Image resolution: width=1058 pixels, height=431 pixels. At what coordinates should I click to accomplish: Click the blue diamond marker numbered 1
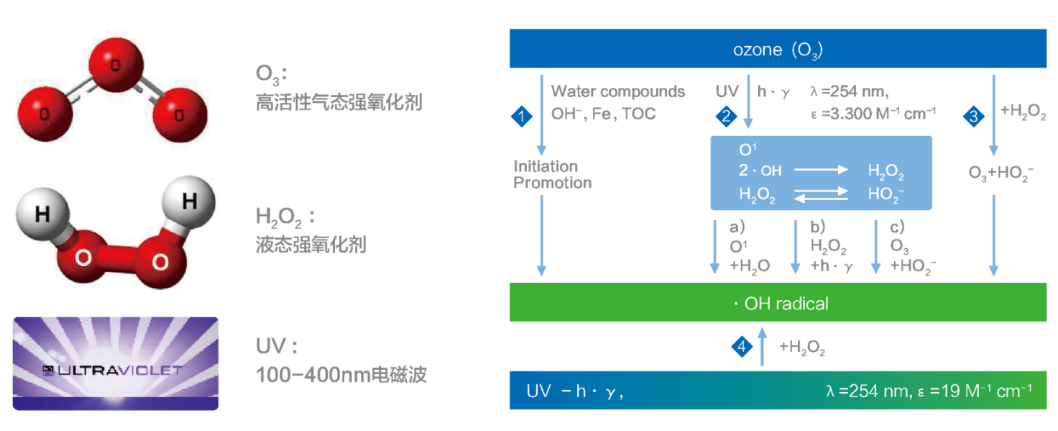[521, 115]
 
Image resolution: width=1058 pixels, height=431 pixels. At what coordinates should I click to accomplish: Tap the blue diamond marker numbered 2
[727, 115]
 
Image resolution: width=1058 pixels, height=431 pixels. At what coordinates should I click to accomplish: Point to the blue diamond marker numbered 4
[741, 347]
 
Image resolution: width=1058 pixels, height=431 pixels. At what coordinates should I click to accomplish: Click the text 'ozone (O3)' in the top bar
[778, 50]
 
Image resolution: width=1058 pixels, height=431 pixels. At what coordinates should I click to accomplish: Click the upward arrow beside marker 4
[763, 345]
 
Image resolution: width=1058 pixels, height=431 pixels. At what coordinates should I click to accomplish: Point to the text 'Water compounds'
[618, 92]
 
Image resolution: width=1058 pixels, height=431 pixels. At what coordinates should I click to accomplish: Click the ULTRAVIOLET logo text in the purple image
[115, 371]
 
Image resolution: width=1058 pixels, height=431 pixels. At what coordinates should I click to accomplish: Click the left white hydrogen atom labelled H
[42, 213]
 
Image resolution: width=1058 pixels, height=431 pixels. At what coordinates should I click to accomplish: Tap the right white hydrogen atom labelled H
[189, 201]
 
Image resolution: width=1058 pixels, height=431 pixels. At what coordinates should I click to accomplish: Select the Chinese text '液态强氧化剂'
[310, 245]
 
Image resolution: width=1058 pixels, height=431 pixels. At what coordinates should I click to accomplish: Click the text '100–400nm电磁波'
[341, 375]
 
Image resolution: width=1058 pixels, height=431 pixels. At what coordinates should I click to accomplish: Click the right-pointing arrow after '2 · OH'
[821, 171]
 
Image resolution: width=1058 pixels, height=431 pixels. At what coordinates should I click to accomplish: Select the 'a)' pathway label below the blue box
[737, 228]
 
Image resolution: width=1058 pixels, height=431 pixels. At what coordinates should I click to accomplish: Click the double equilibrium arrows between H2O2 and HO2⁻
[821, 194]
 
